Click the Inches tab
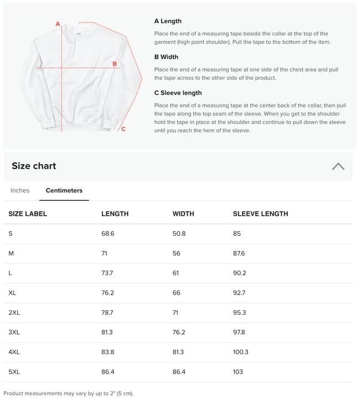(x=20, y=190)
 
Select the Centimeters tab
(x=64, y=190)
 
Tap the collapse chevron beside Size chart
(x=338, y=166)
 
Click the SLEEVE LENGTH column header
(x=260, y=214)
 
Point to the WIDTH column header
(x=183, y=214)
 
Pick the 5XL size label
(x=14, y=372)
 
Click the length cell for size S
(x=107, y=233)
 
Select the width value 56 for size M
(x=177, y=253)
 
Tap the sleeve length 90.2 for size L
(x=239, y=273)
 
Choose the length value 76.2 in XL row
(x=107, y=293)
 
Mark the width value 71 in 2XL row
(x=176, y=313)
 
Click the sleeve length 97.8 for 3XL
(x=239, y=332)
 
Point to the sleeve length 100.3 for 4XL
(x=240, y=352)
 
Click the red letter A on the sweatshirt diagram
(x=58, y=24)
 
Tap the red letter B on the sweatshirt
(x=115, y=64)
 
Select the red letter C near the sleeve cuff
(x=123, y=129)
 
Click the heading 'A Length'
(x=168, y=21)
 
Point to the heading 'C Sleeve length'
(x=178, y=93)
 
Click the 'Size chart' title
(x=34, y=166)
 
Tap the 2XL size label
(x=14, y=313)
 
